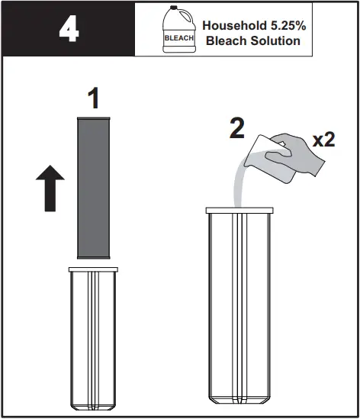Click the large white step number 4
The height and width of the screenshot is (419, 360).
click(67, 30)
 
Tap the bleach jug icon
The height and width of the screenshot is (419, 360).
click(178, 31)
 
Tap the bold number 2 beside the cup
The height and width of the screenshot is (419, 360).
click(237, 127)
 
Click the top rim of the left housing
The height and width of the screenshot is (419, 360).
click(92, 269)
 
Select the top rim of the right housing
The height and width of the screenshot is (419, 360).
click(239, 208)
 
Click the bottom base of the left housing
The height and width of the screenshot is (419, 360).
click(92, 405)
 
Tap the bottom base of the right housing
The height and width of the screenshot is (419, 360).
click(239, 398)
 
